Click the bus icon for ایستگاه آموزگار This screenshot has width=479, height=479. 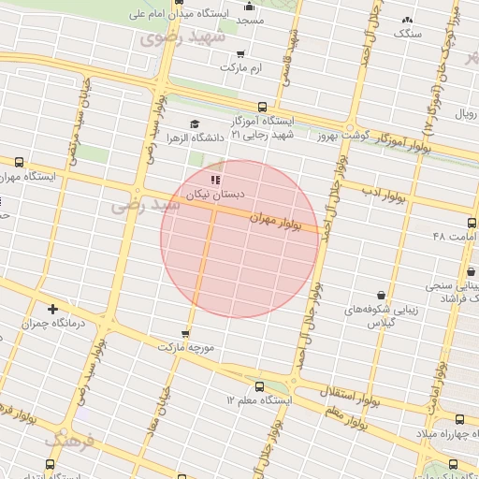point(262,107)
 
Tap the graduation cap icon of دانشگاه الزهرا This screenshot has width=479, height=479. point(195,124)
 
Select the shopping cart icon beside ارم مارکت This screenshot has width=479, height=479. point(242,53)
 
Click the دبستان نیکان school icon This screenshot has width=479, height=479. point(214,180)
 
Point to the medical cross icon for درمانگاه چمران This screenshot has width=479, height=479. point(52,308)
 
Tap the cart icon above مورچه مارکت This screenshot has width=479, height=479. point(185,333)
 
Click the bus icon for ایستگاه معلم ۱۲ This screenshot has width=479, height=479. point(259,385)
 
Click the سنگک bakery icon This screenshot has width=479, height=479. point(406,21)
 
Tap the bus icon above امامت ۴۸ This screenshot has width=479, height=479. point(471,223)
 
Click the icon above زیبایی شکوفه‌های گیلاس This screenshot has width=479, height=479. point(380,294)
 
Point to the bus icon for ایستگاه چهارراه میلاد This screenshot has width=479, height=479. point(459,419)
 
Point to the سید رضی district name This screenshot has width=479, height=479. point(131,204)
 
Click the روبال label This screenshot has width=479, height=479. point(466,113)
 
